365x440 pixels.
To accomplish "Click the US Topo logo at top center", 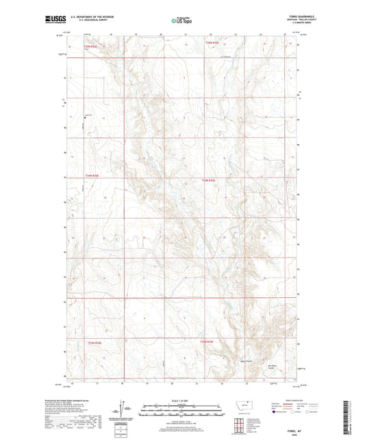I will click(182, 20).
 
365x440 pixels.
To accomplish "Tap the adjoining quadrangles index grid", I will click(244, 424).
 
